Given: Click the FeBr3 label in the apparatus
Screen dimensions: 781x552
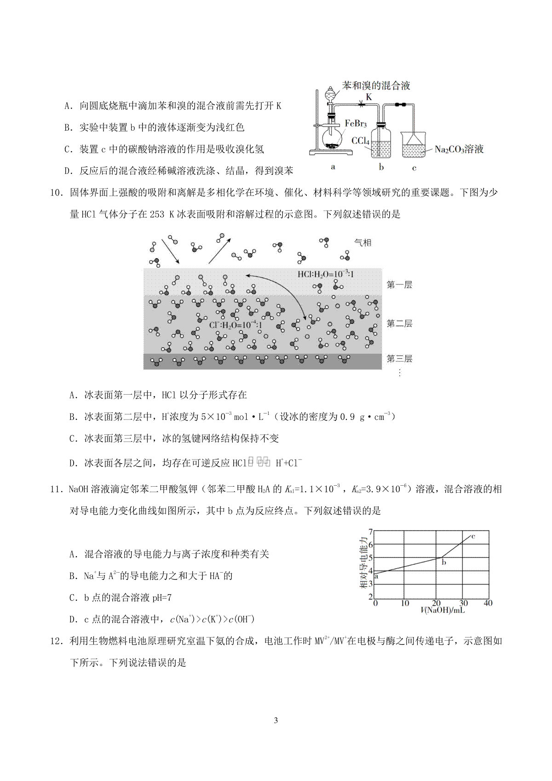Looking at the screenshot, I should point(356,124).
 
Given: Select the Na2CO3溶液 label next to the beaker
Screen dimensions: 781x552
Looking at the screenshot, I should point(459,149).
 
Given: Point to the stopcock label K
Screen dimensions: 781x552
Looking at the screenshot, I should point(368,97).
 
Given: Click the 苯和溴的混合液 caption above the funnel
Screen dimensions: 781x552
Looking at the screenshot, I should point(376,85).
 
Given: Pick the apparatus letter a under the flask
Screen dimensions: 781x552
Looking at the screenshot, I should point(333,167).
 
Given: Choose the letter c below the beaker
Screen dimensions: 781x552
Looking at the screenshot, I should point(414,168).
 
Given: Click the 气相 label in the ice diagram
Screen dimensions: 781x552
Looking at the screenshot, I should point(362,242).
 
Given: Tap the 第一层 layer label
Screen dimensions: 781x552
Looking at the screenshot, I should point(399,285).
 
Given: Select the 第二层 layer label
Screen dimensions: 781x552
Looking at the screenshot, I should point(399,323).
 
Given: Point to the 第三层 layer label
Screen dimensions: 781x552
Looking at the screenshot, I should point(399,358).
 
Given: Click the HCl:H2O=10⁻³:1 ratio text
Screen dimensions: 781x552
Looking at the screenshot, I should point(325,275).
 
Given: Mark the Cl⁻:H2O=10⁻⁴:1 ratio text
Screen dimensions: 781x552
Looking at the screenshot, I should point(236,325).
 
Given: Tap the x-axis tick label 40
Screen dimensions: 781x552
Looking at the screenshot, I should point(488,603).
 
